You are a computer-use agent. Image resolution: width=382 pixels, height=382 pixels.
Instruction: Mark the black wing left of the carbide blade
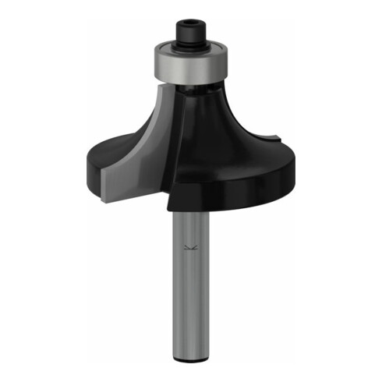pyautogui.click(x=109, y=152)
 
